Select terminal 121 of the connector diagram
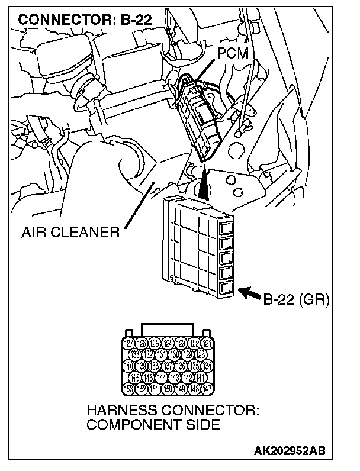point(207,343)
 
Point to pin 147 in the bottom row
point(207,389)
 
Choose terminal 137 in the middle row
point(168,366)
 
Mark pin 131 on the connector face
point(161,354)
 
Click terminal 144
point(161,378)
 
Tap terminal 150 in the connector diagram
point(168,389)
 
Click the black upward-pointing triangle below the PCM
point(204,183)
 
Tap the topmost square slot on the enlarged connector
point(225,228)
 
